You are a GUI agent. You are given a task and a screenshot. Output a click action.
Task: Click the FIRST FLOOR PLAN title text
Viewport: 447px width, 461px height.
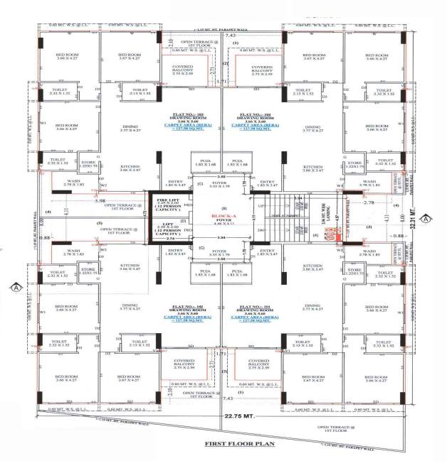point(240,444)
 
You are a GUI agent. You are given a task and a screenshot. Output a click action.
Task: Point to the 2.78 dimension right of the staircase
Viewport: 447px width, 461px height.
point(369,203)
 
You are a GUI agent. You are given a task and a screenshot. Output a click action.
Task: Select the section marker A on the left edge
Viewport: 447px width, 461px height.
point(14,287)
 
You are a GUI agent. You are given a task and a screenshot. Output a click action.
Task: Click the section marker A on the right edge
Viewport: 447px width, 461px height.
point(426,219)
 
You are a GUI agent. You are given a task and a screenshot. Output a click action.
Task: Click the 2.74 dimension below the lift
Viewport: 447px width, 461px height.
point(170,240)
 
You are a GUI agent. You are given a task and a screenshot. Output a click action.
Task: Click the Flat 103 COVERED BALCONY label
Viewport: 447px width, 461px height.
point(186,70)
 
